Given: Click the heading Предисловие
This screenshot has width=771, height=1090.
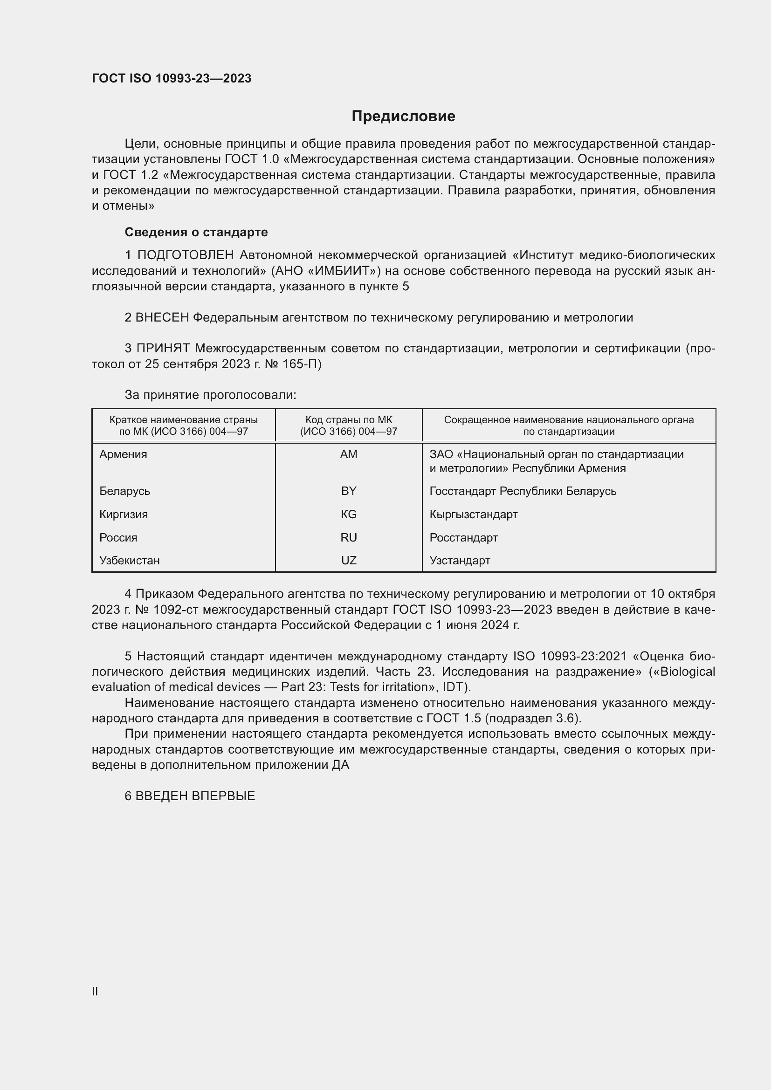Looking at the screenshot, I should tap(403, 117).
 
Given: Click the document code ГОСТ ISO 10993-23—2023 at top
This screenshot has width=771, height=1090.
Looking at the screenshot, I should tap(172, 78).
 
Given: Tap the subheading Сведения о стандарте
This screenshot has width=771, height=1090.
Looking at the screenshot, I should tap(196, 232).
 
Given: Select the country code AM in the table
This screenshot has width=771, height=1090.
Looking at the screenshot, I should tap(349, 454).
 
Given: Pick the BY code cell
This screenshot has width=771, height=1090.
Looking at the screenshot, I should tap(349, 491).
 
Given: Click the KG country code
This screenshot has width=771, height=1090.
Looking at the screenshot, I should tap(349, 514).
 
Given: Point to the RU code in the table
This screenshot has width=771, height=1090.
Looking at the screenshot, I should tap(349, 537).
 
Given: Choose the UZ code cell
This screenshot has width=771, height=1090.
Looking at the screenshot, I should tap(349, 560).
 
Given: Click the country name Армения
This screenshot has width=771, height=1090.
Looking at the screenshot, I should tap(124, 454).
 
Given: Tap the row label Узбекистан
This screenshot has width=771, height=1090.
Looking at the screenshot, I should tap(130, 560).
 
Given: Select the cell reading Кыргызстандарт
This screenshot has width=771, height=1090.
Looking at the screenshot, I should tap(473, 514).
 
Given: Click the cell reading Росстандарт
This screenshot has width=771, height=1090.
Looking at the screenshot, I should tap(463, 537).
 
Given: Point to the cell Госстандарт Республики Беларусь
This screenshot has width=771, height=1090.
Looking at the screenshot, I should tap(523, 491).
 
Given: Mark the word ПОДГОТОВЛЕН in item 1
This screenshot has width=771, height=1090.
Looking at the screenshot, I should tap(186, 255).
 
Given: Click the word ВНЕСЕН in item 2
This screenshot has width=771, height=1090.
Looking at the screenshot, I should tap(162, 318).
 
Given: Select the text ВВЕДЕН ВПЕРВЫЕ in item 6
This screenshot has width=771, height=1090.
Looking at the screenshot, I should tap(195, 796).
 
